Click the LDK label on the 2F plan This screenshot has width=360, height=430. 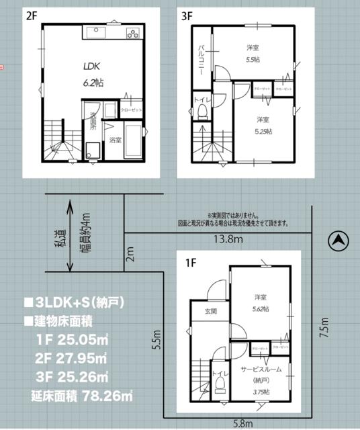(93, 67)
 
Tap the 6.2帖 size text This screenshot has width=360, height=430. (93, 83)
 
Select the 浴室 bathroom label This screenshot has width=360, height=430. (116, 140)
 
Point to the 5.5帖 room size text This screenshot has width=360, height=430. (252, 58)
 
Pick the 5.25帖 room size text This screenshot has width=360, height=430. (263, 132)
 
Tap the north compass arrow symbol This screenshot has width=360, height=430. (339, 240)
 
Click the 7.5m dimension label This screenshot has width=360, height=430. (324, 329)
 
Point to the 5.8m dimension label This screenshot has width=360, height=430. (244, 423)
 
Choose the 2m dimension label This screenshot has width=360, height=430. (130, 253)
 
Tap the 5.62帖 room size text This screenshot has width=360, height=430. (261, 308)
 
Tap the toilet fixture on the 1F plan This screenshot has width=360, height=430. (220, 386)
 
